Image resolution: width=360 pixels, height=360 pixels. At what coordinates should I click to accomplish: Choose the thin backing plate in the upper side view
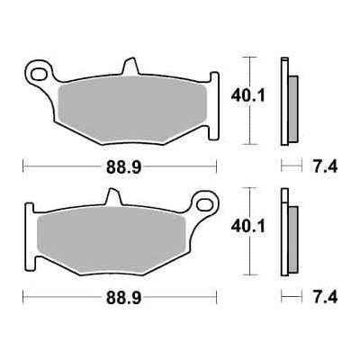tap(284, 99)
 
